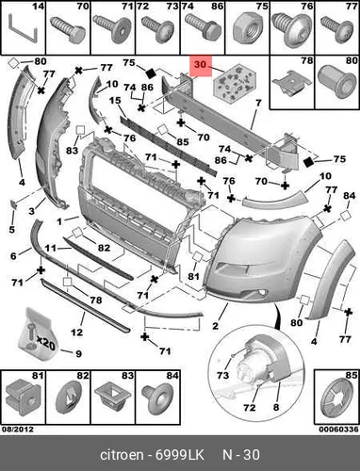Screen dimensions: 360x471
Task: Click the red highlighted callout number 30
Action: click(200, 64)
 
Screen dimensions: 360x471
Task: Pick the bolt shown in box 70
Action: click(68, 30)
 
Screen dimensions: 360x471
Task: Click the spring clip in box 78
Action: click(292, 83)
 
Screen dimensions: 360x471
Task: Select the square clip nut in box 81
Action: click(24, 398)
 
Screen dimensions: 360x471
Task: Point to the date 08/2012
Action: click(18, 429)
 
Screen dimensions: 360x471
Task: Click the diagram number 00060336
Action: click(338, 430)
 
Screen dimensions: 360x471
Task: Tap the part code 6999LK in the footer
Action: click(180, 455)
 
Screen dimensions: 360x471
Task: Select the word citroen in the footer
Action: click(122, 455)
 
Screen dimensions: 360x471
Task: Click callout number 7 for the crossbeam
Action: click(258, 103)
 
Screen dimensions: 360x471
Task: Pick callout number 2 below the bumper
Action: click(215, 326)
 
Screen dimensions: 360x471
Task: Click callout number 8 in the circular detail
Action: click(276, 407)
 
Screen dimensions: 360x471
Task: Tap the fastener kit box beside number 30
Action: click(235, 84)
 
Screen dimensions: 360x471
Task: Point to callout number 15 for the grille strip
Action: click(115, 101)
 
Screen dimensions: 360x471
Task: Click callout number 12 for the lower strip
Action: click(76, 332)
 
